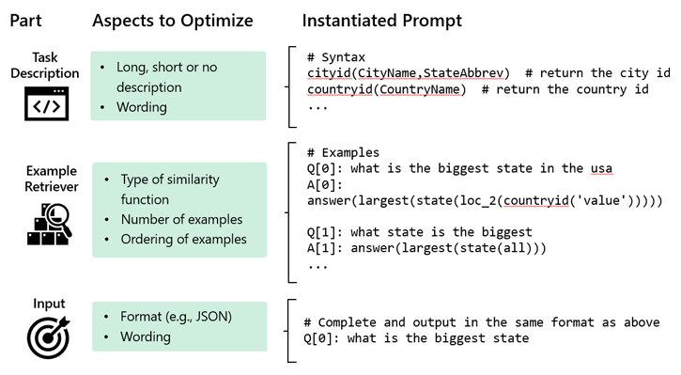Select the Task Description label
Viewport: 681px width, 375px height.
(44, 66)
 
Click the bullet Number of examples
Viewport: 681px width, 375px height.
(181, 219)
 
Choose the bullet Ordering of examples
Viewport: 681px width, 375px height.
(184, 239)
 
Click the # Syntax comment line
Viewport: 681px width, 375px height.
(337, 56)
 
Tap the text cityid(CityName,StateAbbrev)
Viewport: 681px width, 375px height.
(409, 73)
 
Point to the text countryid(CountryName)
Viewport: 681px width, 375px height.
(387, 90)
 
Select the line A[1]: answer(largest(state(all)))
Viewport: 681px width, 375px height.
(427, 248)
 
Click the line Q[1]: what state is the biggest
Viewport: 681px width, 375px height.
(420, 231)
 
